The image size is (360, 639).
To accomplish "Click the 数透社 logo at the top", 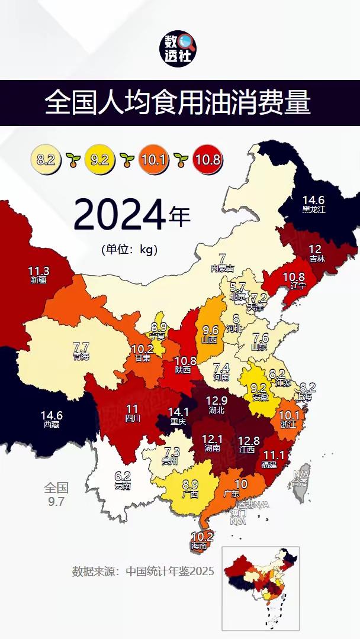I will tap(180, 49).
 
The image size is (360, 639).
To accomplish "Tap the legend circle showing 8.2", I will tap(46, 159).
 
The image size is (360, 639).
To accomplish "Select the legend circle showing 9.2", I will tap(99, 159).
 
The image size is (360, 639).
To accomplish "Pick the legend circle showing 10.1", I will tap(152, 159).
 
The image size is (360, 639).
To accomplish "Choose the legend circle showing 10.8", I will tap(207, 159).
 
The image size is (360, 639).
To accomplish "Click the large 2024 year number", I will tap(119, 217).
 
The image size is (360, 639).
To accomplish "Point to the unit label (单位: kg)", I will tap(130, 249).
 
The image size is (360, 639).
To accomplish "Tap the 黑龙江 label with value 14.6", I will tap(314, 204).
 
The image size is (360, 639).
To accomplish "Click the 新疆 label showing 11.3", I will tap(38, 275).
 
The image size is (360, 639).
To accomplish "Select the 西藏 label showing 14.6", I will tap(52, 419).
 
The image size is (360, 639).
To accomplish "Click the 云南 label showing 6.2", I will tap(123, 479).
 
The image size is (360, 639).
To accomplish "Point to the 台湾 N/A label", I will tap(301, 478).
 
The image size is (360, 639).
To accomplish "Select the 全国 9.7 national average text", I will tap(57, 495).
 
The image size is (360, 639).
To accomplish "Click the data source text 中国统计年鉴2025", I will tap(143, 572).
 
